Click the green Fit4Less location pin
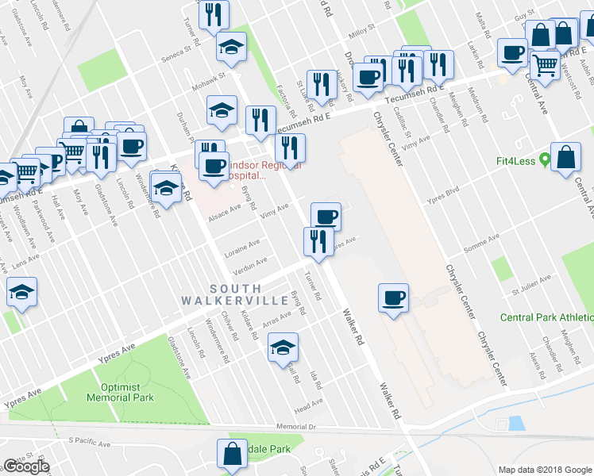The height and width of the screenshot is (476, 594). (545, 159)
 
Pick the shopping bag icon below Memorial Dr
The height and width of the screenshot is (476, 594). (233, 454)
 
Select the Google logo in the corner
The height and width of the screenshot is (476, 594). (26, 466)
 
